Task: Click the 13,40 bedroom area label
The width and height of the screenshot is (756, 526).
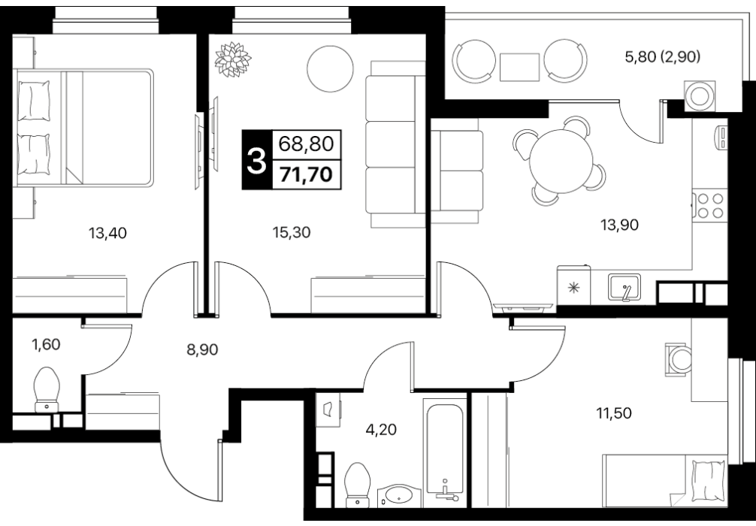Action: tap(107, 234)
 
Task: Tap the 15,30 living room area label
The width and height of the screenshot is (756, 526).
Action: tap(292, 233)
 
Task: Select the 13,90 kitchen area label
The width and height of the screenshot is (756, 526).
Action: tap(619, 225)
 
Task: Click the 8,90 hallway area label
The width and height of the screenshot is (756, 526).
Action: tap(202, 349)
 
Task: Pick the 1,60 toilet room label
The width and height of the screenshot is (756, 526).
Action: tap(47, 345)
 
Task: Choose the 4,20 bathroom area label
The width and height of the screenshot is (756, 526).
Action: tap(381, 429)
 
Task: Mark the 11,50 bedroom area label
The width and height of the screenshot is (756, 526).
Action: tap(613, 413)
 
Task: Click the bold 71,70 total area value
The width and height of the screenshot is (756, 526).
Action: tap(307, 174)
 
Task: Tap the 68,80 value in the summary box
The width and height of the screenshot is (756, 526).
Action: tap(307, 144)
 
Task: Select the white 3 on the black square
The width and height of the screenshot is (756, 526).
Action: tap(256, 161)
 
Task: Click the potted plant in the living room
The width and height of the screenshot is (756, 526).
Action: tap(233, 59)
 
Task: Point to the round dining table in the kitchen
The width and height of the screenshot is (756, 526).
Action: tap(561, 162)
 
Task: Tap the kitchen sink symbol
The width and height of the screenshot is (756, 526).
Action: tap(624, 287)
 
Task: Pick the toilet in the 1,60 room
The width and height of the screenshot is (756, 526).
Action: tap(47, 390)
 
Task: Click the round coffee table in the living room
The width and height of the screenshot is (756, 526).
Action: tap(330, 69)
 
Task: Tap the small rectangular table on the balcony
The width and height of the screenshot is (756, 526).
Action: tap(519, 67)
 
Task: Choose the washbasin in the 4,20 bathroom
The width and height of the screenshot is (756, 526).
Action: tap(399, 496)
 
